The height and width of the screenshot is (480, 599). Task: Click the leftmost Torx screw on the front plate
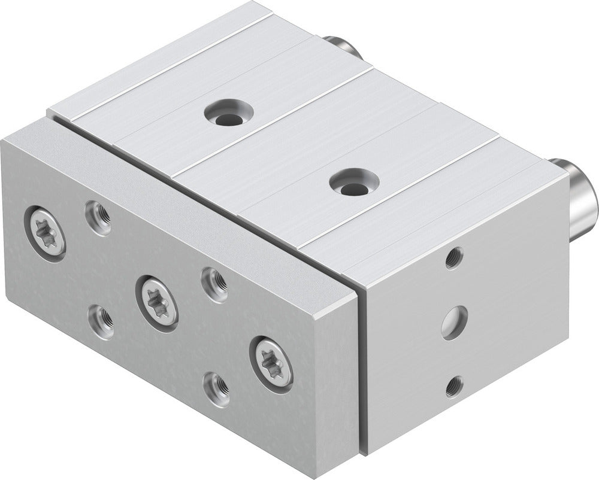click(45, 233)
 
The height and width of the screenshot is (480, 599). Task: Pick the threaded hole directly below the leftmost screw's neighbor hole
click(101, 321)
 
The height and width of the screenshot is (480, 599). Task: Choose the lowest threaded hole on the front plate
click(216, 388)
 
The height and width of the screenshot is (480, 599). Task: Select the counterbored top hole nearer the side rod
click(354, 182)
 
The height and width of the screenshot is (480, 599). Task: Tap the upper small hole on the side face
click(454, 258)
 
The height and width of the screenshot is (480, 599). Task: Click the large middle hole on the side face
click(454, 322)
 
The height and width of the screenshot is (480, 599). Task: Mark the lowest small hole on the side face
click(454, 386)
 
